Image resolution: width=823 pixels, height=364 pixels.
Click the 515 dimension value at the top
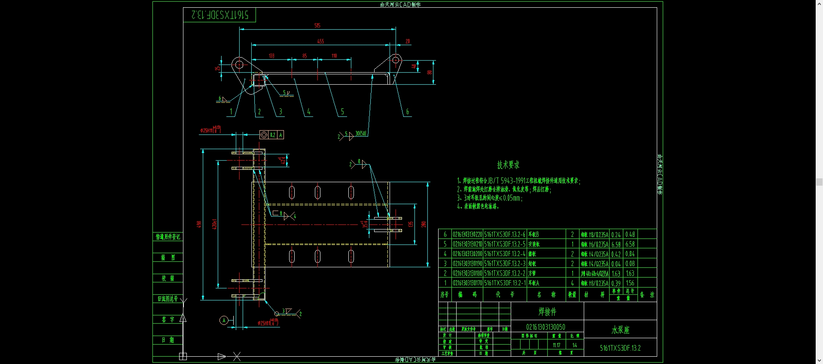click(317, 25)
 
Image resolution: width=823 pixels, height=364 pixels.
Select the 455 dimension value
click(320, 41)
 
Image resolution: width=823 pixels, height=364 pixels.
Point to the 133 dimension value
click(271, 56)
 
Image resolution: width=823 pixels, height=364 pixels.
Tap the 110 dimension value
click(334, 56)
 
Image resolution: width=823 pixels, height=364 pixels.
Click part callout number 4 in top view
click(308, 112)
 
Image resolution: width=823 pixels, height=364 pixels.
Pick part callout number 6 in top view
click(407, 112)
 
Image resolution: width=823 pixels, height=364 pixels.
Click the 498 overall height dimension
click(199, 224)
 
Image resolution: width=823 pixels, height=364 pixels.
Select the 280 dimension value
click(424, 224)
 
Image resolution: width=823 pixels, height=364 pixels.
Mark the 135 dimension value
click(411, 224)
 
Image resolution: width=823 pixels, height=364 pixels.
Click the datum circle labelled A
click(223, 320)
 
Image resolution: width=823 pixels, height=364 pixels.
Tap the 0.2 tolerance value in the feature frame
click(272, 135)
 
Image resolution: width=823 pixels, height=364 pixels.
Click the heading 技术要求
click(508, 165)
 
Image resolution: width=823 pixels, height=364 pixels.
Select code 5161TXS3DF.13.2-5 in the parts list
click(505, 244)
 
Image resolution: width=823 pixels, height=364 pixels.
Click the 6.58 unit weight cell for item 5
click(616, 244)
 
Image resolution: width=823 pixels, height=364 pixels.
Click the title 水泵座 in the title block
click(620, 330)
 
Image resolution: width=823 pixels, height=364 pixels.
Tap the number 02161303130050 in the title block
click(546, 327)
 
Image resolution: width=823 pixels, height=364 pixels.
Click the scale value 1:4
click(574, 345)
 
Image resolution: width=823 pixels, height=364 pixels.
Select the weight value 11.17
click(557, 345)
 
